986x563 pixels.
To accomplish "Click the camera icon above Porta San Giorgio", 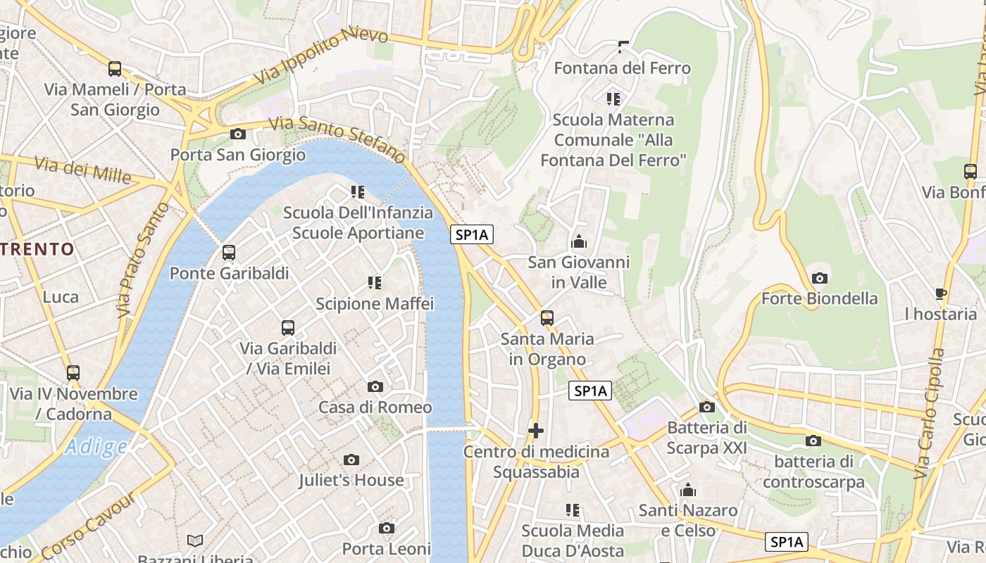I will (238, 134).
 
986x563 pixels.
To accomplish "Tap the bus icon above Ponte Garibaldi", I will (228, 253).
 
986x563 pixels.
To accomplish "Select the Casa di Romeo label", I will (375, 407).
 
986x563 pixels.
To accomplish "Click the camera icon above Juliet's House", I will (351, 460).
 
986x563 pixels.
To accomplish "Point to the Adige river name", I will (96, 446).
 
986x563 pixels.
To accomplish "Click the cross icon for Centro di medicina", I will (536, 430).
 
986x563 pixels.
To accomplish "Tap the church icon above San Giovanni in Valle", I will (579, 242).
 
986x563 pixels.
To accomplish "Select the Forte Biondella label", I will (819, 298).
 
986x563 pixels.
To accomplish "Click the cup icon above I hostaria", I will (941, 293).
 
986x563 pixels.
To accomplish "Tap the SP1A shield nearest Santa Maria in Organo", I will (590, 391).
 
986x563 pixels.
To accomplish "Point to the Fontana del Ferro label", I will (622, 68).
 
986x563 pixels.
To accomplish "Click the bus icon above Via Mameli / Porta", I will (115, 69).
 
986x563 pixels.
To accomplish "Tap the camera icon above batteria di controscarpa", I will (813, 441).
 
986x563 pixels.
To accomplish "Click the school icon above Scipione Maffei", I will (375, 283).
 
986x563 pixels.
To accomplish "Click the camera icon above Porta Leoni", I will (386, 529).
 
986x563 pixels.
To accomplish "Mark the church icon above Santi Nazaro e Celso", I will (688, 490).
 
